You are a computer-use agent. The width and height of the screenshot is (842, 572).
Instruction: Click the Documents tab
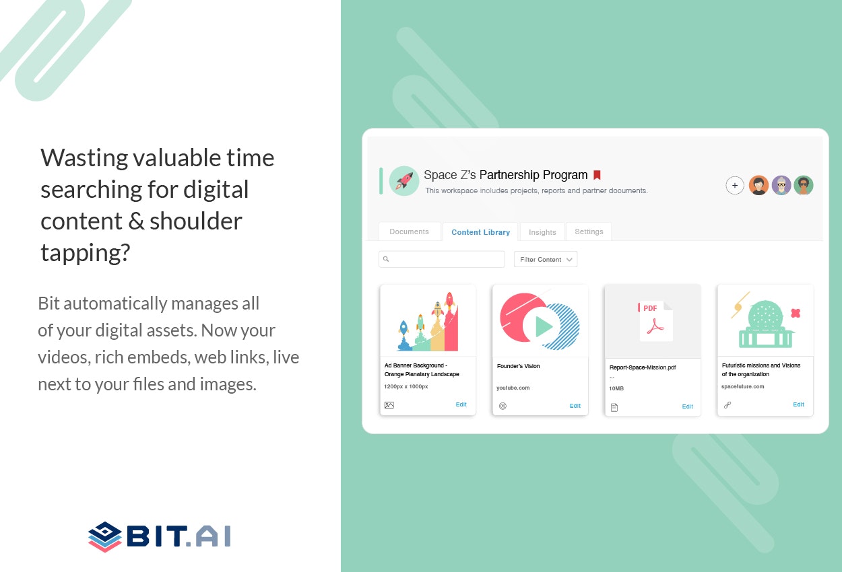[x=409, y=231]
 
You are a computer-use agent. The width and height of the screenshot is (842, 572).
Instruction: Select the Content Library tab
[x=480, y=232]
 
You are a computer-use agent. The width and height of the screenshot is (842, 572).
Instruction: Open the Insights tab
[x=542, y=232]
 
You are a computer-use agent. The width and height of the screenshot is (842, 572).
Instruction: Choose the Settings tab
[x=589, y=231]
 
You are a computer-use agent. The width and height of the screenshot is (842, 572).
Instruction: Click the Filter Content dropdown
[x=546, y=259]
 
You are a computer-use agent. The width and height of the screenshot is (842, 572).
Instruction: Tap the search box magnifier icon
[x=386, y=259]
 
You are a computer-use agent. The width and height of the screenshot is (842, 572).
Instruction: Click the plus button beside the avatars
[x=735, y=185]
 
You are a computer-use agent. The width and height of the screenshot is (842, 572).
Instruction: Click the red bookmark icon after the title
[x=597, y=175]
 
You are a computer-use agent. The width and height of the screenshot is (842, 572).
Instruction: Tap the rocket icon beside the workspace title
[x=404, y=181]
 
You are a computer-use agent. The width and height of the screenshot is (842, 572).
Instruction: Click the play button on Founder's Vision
[x=544, y=326]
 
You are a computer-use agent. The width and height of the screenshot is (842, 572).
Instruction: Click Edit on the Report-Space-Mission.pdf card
[x=687, y=406]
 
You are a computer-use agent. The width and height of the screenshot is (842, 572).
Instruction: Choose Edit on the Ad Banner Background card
[x=461, y=404]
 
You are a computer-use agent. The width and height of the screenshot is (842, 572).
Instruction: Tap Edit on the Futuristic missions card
[x=798, y=404]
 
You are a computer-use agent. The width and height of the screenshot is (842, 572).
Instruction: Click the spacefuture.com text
[x=742, y=386]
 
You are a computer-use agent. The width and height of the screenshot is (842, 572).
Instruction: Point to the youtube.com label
[x=513, y=388]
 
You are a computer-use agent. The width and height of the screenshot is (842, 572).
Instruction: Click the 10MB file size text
[x=616, y=388]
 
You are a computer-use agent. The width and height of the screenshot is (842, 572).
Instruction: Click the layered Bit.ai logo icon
[x=104, y=536]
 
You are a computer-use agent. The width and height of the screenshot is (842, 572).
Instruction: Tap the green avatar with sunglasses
[x=803, y=185]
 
